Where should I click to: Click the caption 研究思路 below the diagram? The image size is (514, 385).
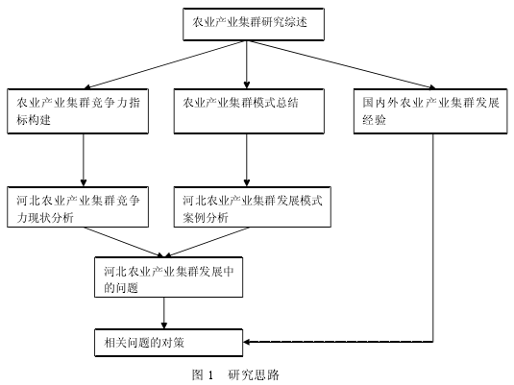(x=254, y=374)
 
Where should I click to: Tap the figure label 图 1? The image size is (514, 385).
(x=203, y=374)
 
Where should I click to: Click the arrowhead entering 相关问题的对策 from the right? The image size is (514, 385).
(x=247, y=342)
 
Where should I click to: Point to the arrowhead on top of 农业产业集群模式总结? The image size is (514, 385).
(x=247, y=84)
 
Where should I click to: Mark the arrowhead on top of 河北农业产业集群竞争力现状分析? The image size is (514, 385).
(x=84, y=182)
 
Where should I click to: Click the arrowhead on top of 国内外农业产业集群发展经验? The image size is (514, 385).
(x=432, y=86)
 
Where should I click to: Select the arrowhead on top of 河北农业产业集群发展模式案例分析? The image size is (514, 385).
(x=247, y=182)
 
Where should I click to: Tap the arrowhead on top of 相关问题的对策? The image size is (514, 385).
(x=164, y=325)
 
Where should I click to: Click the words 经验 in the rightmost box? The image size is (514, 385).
(x=374, y=120)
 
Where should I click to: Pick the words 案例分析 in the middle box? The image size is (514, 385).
(x=206, y=218)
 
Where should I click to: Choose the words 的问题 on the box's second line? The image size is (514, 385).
(x=121, y=288)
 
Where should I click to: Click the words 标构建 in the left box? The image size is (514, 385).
(x=34, y=120)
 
